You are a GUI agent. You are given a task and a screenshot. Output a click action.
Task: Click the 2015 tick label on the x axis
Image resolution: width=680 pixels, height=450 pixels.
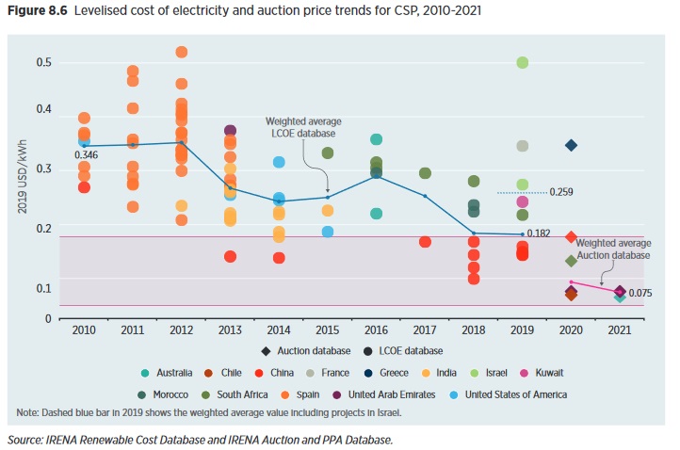328,329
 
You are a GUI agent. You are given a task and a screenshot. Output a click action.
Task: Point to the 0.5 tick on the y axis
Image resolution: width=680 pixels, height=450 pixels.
43,63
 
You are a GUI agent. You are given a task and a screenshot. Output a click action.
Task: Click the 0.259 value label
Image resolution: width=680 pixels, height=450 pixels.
562,192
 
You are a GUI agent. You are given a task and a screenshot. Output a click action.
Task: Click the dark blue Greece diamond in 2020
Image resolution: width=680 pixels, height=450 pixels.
571,145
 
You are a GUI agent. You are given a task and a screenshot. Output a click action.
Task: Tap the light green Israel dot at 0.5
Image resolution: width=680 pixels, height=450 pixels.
522,62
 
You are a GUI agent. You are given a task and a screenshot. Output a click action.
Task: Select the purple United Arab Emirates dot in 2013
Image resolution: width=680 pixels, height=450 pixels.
230,131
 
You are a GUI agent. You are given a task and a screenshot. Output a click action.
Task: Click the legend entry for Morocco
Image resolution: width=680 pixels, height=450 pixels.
170,394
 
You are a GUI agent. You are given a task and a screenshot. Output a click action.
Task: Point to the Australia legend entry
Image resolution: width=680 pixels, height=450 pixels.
168,373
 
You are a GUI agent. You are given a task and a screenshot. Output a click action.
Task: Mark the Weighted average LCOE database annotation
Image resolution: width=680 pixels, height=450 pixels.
303,127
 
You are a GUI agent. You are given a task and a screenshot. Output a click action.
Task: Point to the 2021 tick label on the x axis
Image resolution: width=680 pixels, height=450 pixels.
620,329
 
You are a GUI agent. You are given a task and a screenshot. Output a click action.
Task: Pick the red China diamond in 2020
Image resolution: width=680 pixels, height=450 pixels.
571,237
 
